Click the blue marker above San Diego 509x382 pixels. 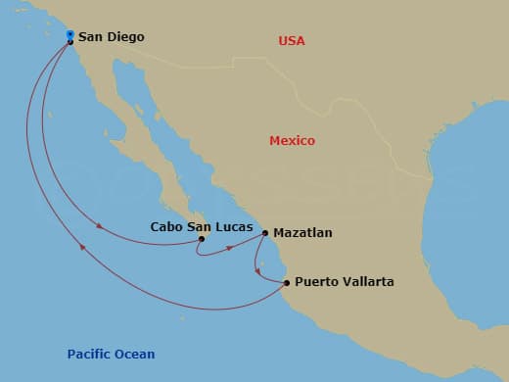pos(69,35)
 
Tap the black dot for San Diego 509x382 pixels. pos(70,42)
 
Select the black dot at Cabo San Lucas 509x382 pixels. pos(202,238)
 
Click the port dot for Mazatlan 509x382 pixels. pos(265,233)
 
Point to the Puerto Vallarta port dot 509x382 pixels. pos(287,283)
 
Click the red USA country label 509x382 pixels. pos(292,40)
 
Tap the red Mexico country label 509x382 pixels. pos(292,141)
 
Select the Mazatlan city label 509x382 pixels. pos(303,233)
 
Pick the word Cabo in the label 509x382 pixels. pos(166,225)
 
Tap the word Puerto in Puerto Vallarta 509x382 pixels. pos(316,282)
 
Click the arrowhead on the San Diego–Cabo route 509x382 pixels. pos(99,227)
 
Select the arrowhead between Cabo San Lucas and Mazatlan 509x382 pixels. pos(230,248)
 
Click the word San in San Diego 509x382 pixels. pos(91,37)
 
